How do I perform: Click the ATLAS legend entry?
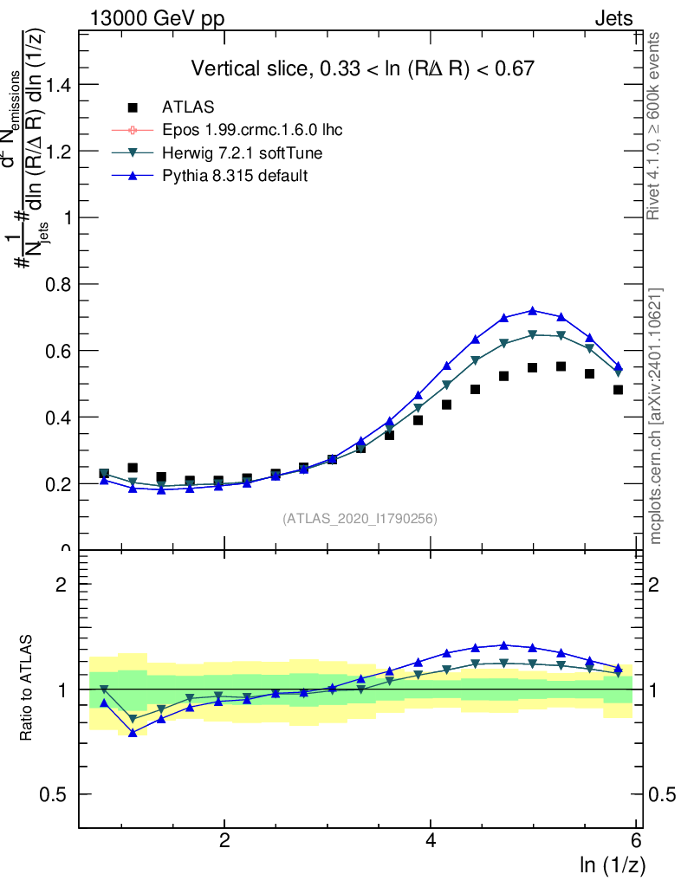coord(188,107)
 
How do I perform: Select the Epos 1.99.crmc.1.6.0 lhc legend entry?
coord(250,130)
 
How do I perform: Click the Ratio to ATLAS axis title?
coord(27,688)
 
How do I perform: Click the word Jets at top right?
coord(613,18)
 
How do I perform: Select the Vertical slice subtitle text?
coord(362,68)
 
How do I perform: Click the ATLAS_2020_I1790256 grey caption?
coord(360,519)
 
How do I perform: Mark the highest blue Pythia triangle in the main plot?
coord(533,310)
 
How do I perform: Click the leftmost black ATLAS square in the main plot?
coord(104,474)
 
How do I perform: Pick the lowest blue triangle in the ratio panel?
coord(133,733)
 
